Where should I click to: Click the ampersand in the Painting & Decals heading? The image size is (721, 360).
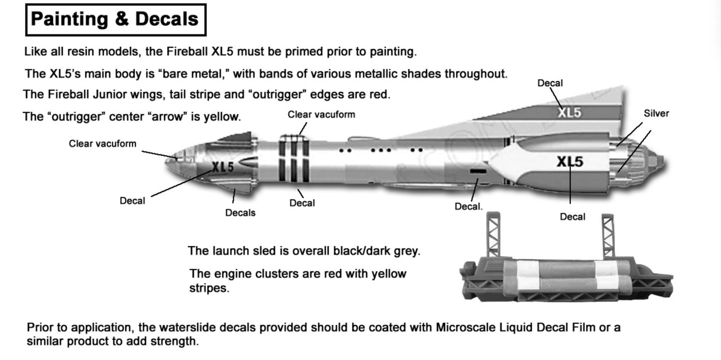(x=122, y=19)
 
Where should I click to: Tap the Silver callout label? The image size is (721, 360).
(x=656, y=113)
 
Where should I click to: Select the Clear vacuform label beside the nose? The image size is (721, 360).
(x=103, y=144)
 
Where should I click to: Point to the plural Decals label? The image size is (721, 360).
(x=240, y=213)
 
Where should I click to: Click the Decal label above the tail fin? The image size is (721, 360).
(x=550, y=83)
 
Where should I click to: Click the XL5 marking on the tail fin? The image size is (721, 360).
(x=569, y=113)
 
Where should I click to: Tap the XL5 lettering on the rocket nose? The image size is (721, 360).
(x=223, y=167)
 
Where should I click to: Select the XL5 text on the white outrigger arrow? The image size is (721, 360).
(x=570, y=162)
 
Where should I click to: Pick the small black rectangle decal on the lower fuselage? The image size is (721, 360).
(x=478, y=171)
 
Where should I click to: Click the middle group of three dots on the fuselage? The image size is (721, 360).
(x=381, y=150)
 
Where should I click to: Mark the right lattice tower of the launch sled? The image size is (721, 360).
(x=608, y=236)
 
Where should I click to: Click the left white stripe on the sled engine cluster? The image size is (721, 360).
(x=528, y=275)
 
